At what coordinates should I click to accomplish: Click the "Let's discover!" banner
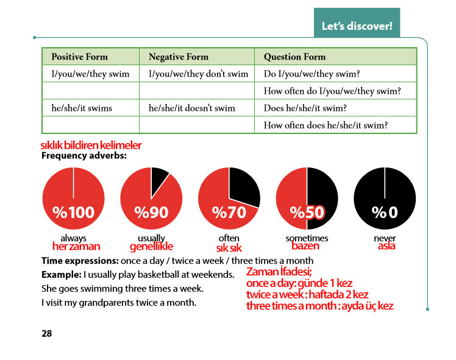357,23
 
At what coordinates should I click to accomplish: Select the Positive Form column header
79,57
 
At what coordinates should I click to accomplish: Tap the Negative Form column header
178,57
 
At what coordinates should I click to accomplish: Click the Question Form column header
294,57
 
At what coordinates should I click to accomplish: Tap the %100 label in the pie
74,213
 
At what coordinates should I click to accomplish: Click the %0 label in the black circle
385,213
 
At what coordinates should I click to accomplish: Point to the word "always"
73,239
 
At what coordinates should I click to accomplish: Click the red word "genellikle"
151,247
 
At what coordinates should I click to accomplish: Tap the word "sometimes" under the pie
307,238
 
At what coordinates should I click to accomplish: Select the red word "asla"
387,246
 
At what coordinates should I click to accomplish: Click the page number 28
46,333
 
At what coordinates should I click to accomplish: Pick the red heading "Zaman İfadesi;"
279,272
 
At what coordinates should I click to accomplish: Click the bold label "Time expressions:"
80,261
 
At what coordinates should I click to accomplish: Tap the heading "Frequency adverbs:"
84,156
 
